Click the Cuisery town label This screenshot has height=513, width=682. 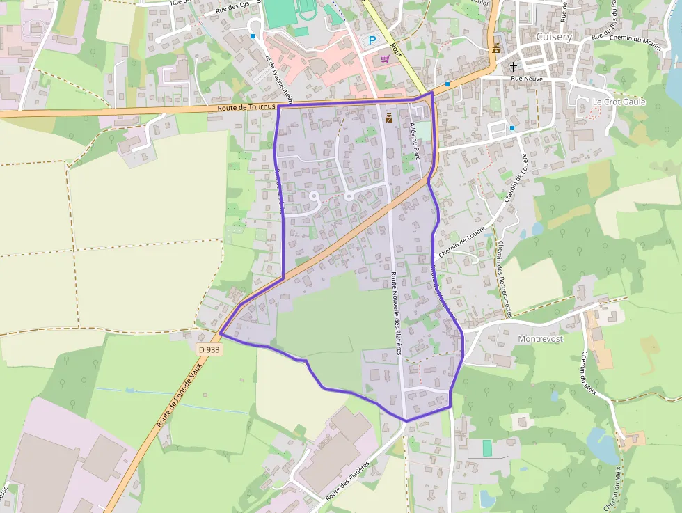(x=554, y=36)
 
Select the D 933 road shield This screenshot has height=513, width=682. (x=209, y=349)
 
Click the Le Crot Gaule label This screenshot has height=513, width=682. (x=619, y=102)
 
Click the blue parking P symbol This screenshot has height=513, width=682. (x=372, y=41)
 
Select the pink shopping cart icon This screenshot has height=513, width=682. (x=384, y=58)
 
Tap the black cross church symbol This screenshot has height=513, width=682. (x=514, y=67)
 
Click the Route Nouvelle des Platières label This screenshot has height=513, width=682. (x=396, y=313)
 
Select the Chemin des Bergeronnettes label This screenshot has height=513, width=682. (x=504, y=278)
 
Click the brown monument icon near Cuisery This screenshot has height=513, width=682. (x=496, y=49)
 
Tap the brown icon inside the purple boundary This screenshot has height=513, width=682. (x=388, y=119)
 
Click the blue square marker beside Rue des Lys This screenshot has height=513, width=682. (x=253, y=35)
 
